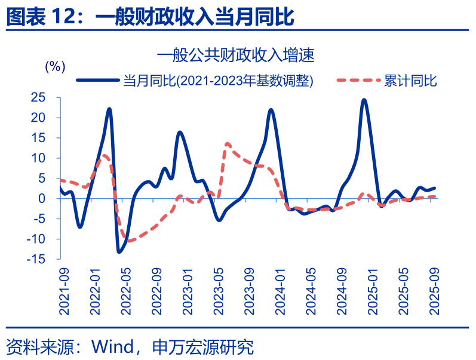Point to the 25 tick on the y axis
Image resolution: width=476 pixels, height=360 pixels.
pyautogui.click(x=38, y=97)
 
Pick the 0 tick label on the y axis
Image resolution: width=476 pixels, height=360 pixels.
pyautogui.click(x=41, y=198)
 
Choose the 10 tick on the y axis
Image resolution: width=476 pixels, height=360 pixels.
pyautogui.click(x=38, y=158)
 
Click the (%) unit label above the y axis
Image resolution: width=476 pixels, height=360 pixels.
pyautogui.click(x=55, y=66)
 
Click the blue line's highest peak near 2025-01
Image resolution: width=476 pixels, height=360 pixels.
pyautogui.click(x=364, y=100)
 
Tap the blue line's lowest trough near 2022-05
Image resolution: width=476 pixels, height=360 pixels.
pyautogui.click(x=119, y=252)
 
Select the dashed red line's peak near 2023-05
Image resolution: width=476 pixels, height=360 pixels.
pyautogui.click(x=228, y=143)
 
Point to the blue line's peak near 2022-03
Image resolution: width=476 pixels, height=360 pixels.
pyautogui.click(x=109, y=109)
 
